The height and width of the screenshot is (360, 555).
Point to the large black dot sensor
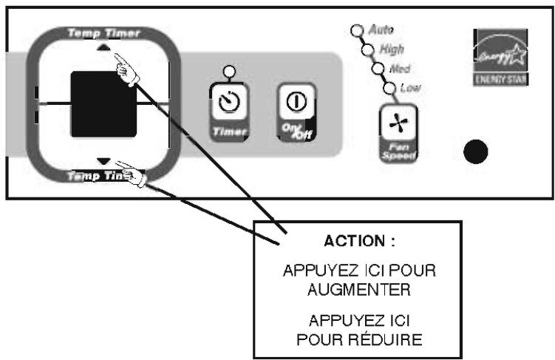click(475, 152)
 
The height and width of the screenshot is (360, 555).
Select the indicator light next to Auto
click(356, 31)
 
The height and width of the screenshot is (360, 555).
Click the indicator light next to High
click(367, 50)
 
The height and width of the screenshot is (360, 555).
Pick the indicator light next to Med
click(378, 69)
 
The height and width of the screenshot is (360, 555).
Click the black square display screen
click(103, 104)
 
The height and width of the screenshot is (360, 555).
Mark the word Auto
click(381, 30)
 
